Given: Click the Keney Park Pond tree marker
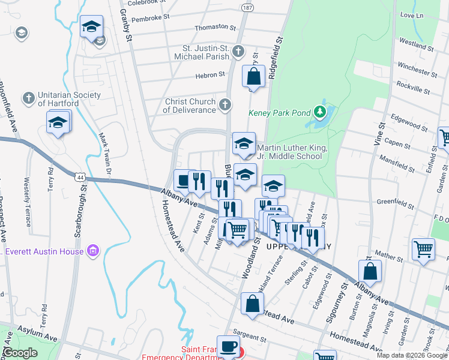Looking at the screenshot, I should [321, 112].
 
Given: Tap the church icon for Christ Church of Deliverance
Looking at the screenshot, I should [224, 106].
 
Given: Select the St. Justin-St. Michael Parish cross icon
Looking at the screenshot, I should [238, 52].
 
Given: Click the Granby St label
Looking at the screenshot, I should [126, 25].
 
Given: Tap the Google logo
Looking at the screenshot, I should [20, 352].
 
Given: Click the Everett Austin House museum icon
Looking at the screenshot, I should [92, 250].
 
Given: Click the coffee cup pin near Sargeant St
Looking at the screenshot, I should [228, 346].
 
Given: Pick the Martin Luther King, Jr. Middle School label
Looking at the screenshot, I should [292, 152].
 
